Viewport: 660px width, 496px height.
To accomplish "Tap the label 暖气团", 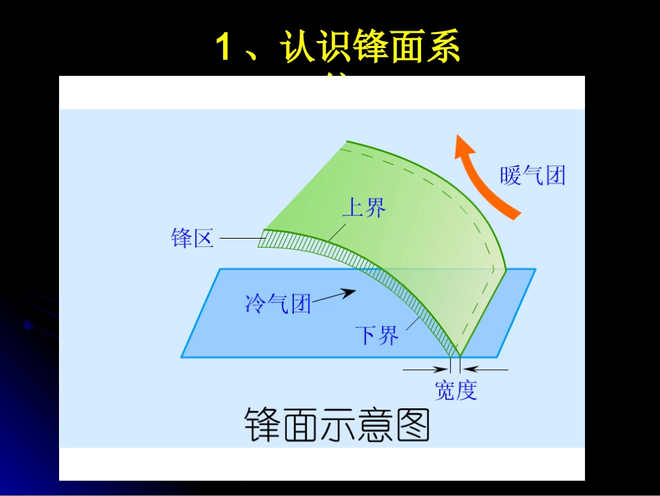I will pos(533,175).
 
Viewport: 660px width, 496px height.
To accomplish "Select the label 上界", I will pos(364,207).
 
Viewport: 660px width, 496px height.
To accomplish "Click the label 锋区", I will pos(192,239).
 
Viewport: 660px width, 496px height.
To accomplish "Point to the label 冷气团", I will pos(278,303).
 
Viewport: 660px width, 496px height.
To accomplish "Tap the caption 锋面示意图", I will pos(338,425).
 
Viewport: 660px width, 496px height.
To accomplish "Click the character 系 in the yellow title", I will pos(442,49).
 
